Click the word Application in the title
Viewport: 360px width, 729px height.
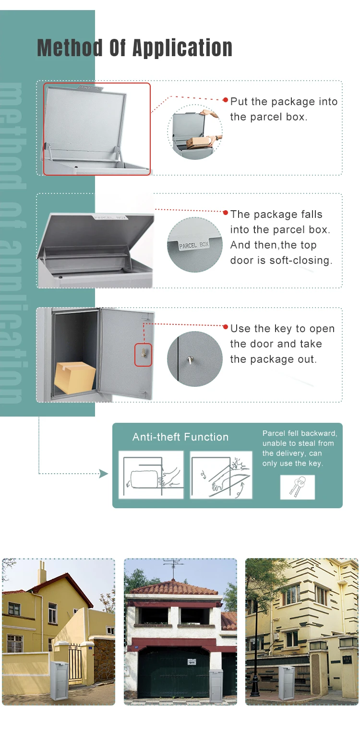pos(182,48)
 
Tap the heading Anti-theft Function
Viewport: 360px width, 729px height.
pos(180,437)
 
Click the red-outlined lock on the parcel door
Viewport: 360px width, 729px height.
pos(143,355)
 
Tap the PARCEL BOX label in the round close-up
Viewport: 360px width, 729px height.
pos(194,245)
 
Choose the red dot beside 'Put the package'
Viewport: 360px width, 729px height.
pos(225,100)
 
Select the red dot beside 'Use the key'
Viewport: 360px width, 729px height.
pos(225,327)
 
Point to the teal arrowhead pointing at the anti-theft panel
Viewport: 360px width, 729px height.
pos(104,474)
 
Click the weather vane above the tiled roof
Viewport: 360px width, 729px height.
pos(174,567)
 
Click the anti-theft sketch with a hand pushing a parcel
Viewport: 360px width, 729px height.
pos(151,475)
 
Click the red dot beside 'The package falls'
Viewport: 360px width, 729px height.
pos(225,212)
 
